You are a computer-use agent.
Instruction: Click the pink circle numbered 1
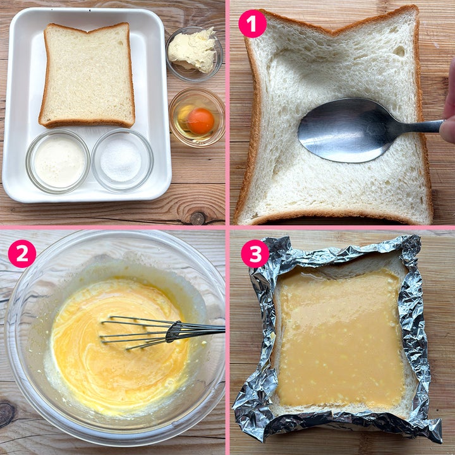[252, 24]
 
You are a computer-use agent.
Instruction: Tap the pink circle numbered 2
[22, 253]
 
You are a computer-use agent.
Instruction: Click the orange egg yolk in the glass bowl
[200, 121]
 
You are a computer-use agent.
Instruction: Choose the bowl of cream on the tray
[58, 161]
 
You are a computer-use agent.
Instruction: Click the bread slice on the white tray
[87, 75]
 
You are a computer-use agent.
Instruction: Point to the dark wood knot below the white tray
[198, 218]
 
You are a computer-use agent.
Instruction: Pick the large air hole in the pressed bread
[399, 51]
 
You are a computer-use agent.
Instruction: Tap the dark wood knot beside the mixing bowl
[6, 413]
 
